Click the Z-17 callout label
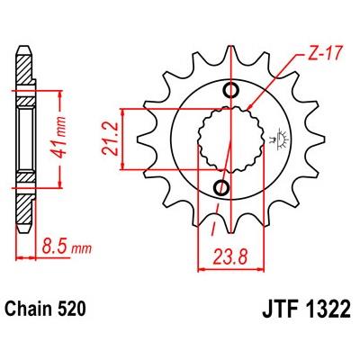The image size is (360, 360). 326,55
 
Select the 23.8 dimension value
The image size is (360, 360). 230,257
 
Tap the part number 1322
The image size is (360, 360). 328,309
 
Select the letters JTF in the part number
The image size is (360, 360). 282,309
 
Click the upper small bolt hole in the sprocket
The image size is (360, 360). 231,90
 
